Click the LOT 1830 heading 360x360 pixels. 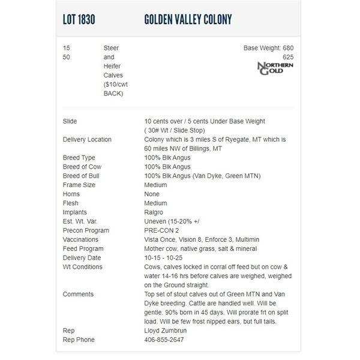tap(79, 20)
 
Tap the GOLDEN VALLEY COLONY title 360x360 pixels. tap(188, 20)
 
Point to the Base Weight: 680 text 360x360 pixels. tap(268, 48)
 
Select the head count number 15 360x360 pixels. tap(66, 48)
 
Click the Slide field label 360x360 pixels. tap(70, 121)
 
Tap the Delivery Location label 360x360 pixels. tap(87, 140)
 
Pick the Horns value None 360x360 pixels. tap(152, 194)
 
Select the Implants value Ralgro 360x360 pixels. tap(155, 212)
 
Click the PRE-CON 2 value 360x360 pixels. tap(161, 230)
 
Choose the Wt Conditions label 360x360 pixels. tap(82, 267)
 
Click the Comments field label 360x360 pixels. tap(78, 294)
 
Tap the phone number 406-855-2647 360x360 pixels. tap(164, 340)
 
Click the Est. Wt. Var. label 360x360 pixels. tap(80, 221)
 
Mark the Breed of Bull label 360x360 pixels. tap(81, 176)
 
